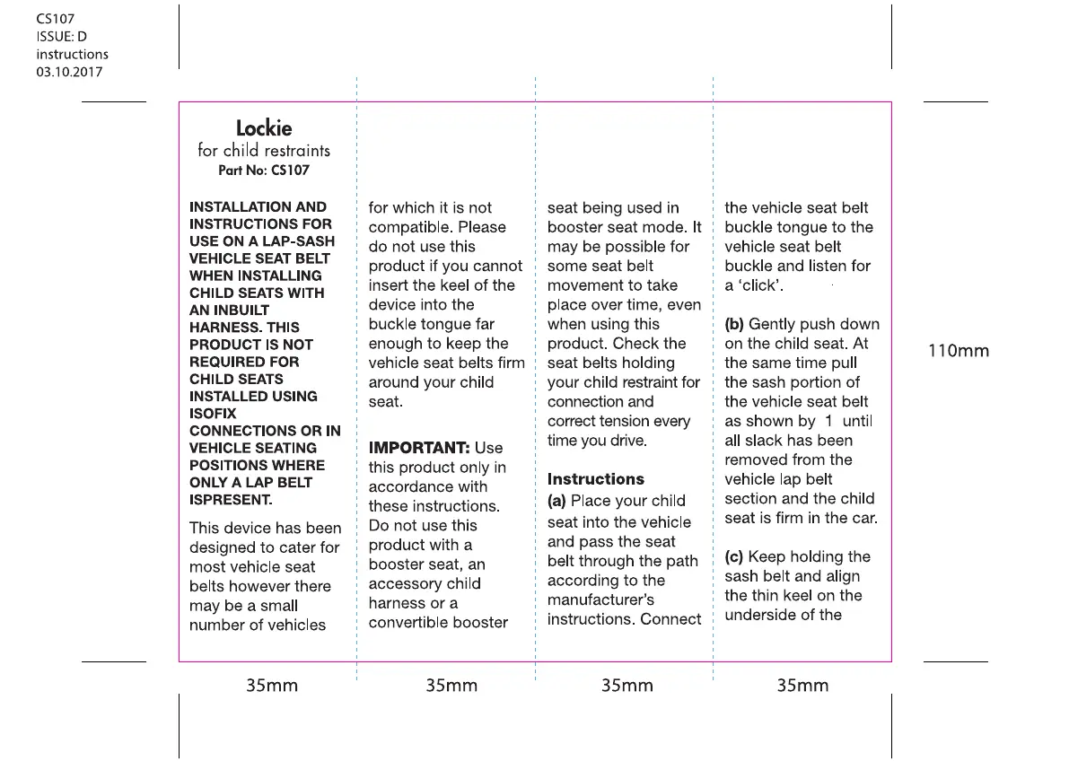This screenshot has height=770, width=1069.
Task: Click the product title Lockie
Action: click(x=264, y=128)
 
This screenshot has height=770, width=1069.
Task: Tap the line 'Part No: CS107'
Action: click(x=264, y=170)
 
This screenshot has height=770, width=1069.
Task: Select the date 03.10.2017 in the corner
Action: click(x=69, y=72)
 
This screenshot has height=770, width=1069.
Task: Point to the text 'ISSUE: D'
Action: click(x=61, y=36)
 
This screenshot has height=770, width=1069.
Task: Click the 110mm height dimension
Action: click(x=958, y=351)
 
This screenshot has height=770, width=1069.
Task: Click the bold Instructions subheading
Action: click(x=596, y=479)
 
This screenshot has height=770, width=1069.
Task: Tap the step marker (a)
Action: click(x=557, y=501)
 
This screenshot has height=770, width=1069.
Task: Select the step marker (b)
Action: click(x=734, y=324)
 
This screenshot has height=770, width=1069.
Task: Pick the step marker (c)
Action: click(x=734, y=556)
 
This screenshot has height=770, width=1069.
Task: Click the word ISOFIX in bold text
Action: click(x=213, y=414)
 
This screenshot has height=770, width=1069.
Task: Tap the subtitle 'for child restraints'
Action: click(x=264, y=150)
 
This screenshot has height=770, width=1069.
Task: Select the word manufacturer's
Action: click(x=600, y=599)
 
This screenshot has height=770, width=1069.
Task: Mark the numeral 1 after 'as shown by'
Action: click(x=829, y=421)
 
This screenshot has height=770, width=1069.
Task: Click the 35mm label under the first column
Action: click(x=272, y=686)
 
